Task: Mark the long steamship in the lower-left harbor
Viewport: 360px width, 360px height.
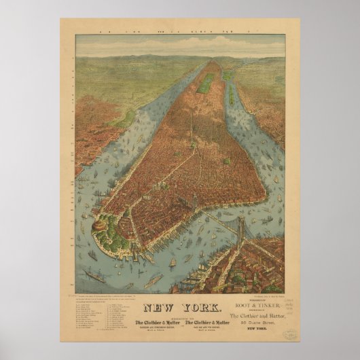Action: coord(102,277)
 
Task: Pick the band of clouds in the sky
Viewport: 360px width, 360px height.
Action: coord(179,46)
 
